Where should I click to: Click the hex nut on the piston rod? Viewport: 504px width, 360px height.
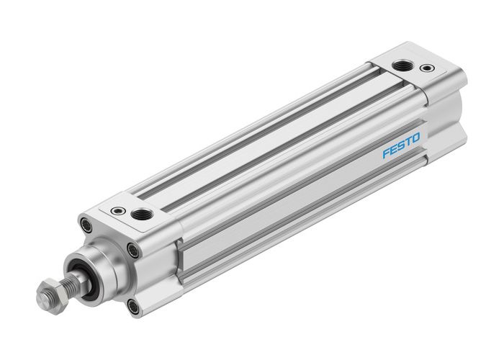(x=47, y=294)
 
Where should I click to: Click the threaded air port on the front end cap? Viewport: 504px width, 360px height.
(x=138, y=214)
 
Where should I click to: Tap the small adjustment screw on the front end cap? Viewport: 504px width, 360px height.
(x=117, y=211)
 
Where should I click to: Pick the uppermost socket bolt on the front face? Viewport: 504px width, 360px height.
(x=87, y=226)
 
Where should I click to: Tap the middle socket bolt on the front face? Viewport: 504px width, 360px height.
(x=132, y=251)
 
